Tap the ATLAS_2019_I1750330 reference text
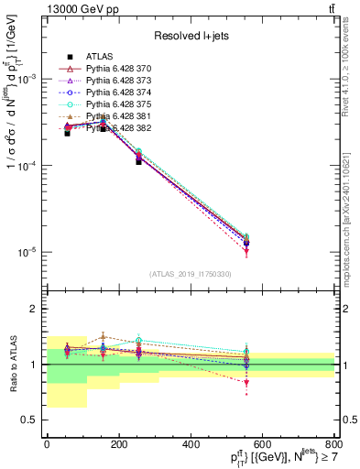(191, 274)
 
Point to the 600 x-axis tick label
(263, 444)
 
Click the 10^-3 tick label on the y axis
(28, 79)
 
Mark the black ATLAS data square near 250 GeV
(138, 160)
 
